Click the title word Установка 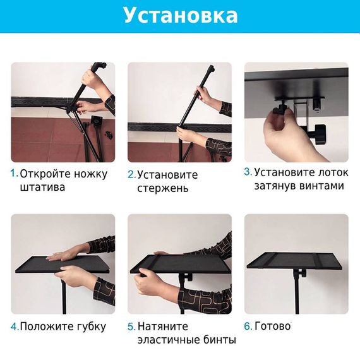tap(181, 16)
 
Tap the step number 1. tap(15, 173)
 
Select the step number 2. tap(132, 174)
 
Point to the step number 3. tap(248, 172)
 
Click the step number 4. tap(15, 327)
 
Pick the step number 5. tap(132, 327)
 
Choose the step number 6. tap(248, 326)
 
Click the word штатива tap(43, 187)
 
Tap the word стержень tap(163, 189)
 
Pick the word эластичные tap(169, 340)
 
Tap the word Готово tap(273, 326)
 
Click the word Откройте tap(45, 174)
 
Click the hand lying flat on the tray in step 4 tap(66, 254)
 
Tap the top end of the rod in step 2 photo tap(211, 68)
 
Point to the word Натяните tap(163, 327)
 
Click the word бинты tap(220, 340)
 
